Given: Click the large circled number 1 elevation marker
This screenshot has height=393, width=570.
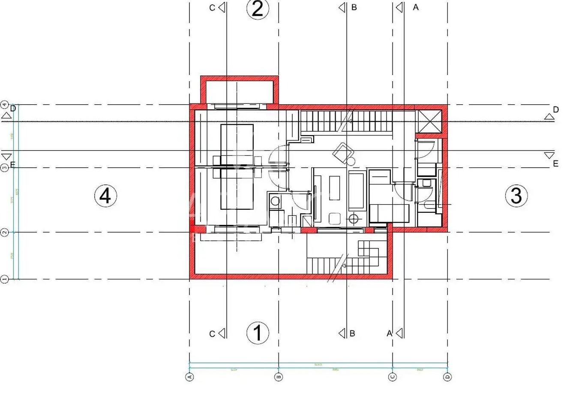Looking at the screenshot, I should [x=258, y=333].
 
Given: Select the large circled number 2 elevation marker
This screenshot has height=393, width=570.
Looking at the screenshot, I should [x=258, y=9].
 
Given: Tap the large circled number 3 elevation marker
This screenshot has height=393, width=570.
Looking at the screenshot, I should [x=516, y=195].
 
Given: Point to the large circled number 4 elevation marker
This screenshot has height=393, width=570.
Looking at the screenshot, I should [x=105, y=196].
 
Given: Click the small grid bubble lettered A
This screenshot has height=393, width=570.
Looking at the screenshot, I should [x=189, y=377].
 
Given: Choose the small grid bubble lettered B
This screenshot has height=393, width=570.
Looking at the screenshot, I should [x=279, y=377].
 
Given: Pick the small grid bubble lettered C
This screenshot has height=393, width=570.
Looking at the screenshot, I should [x=393, y=377].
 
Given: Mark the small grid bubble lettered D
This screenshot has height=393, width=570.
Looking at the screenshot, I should [x=447, y=377].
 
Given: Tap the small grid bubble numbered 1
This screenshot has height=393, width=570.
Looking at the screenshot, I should [x=5, y=279].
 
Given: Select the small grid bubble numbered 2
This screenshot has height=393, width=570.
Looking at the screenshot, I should [x=5, y=233].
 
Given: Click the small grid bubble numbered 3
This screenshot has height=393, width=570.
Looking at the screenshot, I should [x=5, y=168].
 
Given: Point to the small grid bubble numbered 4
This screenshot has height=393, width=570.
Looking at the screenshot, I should [x=5, y=104].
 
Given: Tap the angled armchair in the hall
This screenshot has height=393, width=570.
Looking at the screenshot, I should [x=343, y=151].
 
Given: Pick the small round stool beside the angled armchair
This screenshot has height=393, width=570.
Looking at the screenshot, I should [x=351, y=162].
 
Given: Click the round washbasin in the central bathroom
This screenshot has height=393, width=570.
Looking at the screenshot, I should [x=275, y=201].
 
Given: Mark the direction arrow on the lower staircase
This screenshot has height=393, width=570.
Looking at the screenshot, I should [x=343, y=266].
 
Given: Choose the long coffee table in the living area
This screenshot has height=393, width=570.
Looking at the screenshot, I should [x=334, y=187].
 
